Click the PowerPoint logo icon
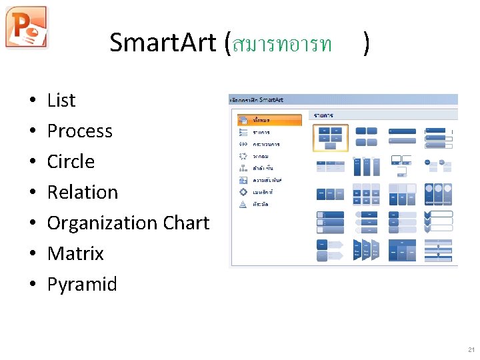27,27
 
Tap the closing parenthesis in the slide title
367,43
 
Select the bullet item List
61,101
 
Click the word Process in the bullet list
80,131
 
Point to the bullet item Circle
71,162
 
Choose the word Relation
82,193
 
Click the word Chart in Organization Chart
188,223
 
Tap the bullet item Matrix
75,254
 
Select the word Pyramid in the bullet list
82,285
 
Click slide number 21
471,350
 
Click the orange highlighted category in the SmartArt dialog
269,120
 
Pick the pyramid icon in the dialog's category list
243,204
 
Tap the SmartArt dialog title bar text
257,100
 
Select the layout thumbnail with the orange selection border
331,137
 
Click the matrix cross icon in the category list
243,192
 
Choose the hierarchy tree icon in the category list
243,168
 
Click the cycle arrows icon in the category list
243,156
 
